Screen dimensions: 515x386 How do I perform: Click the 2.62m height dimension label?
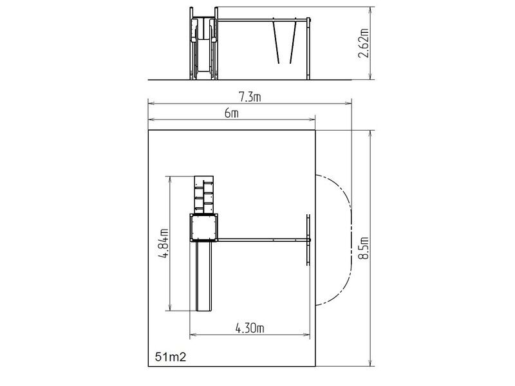click(x=363, y=43)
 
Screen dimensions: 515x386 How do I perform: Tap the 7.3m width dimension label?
click(x=250, y=97)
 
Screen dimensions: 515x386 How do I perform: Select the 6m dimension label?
click(x=232, y=113)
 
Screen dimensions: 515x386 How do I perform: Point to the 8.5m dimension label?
click(x=364, y=248)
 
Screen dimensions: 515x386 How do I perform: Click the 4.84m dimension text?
click(x=164, y=243)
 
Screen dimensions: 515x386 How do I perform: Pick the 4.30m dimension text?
click(x=250, y=328)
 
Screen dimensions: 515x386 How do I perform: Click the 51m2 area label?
click(x=171, y=357)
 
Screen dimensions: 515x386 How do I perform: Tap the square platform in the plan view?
click(x=204, y=227)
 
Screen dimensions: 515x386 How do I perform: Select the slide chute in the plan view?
click(x=204, y=276)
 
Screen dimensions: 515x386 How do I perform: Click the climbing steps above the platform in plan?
click(x=204, y=195)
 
